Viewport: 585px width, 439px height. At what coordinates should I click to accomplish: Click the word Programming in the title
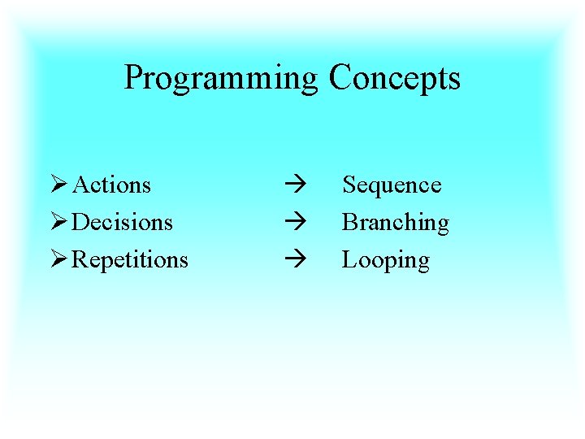(x=221, y=79)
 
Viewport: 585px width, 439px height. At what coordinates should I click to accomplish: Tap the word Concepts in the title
(x=395, y=79)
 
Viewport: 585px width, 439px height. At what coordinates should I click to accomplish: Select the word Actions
(x=112, y=185)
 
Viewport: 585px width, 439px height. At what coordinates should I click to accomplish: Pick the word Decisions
(x=123, y=222)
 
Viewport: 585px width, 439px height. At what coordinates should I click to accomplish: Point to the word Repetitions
(x=130, y=260)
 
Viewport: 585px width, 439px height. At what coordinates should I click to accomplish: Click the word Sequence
(x=392, y=185)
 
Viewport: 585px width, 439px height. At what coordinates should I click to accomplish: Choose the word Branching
(x=395, y=223)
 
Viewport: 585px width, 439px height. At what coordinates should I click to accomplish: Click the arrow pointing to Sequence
(x=293, y=185)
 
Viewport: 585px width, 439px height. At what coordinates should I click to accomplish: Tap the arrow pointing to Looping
(x=293, y=259)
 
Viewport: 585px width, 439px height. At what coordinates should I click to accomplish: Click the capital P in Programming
(x=132, y=77)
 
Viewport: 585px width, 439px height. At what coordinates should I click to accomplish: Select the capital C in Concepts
(x=340, y=77)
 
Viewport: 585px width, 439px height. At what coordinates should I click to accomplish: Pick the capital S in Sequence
(x=348, y=185)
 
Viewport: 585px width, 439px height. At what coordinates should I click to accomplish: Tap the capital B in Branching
(x=349, y=222)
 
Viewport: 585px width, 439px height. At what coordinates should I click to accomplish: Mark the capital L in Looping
(x=349, y=259)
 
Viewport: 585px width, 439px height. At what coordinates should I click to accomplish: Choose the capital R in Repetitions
(x=80, y=259)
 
